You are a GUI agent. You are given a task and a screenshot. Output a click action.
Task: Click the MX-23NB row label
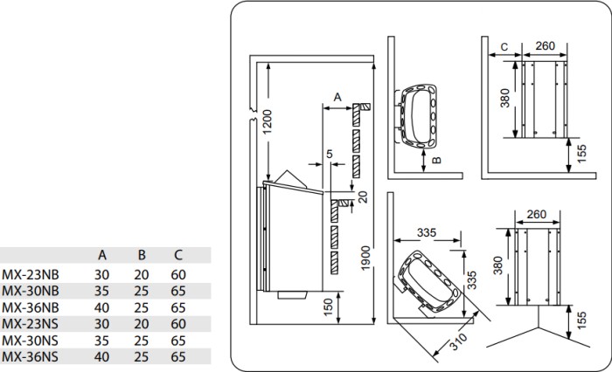point(31,275)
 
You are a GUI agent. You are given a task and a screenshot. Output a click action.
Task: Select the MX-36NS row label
point(30,357)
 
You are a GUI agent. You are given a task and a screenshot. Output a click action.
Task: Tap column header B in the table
point(142,255)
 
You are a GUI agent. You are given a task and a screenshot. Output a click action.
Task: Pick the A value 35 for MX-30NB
point(101,292)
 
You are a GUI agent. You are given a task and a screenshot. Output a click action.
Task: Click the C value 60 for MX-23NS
point(178,324)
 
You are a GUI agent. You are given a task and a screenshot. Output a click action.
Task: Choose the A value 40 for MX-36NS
point(101,357)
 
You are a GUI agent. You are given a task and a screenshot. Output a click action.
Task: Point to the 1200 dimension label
point(268,121)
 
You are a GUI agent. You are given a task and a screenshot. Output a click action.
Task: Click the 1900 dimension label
point(365,258)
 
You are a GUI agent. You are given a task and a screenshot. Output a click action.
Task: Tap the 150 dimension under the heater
point(329,307)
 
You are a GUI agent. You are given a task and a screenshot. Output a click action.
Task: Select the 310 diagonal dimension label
point(458,341)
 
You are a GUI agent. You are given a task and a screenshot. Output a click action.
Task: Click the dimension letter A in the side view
point(337,97)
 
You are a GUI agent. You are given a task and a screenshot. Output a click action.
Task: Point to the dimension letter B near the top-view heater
point(437,160)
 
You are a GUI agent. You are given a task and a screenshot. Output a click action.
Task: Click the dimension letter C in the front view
point(504,47)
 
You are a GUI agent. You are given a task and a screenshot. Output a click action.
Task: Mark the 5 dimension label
point(330,154)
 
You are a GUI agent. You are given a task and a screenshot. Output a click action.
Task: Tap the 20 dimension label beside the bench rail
point(363,197)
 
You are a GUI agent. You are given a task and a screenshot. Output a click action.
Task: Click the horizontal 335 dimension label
point(427,233)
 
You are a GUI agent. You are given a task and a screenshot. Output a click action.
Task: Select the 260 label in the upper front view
point(545,46)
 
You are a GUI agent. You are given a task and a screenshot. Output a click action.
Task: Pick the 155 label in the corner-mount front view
point(581,320)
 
